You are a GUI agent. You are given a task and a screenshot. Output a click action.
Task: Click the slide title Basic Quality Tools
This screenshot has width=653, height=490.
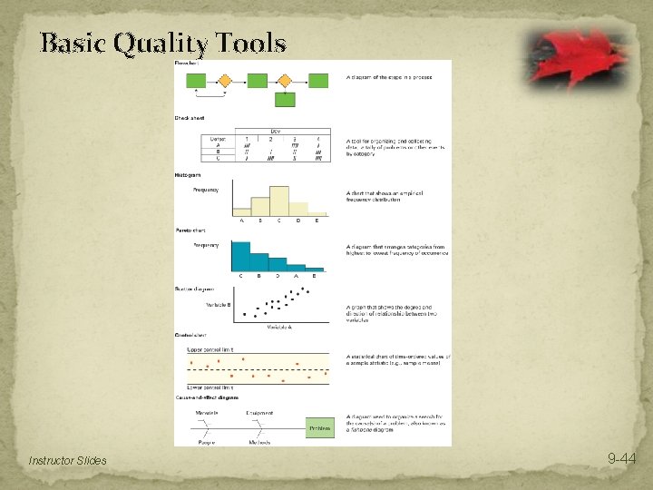point(163,43)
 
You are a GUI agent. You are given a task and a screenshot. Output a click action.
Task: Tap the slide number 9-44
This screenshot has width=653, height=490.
point(621,460)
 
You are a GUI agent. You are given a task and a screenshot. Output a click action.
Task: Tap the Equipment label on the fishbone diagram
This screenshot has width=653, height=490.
point(259,413)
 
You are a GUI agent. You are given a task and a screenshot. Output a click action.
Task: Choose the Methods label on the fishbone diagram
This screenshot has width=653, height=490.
point(259,443)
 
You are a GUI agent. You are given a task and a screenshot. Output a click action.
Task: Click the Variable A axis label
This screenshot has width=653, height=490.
point(278,327)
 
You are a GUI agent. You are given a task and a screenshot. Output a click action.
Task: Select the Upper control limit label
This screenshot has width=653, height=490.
point(210,348)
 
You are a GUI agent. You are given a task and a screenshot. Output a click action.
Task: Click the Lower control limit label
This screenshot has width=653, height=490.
point(210,387)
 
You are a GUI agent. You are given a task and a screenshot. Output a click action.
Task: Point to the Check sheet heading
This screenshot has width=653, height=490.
point(190,118)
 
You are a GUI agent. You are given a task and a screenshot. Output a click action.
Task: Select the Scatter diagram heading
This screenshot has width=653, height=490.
point(194,289)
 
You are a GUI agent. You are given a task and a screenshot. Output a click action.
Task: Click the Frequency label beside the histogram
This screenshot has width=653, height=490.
point(206,190)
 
